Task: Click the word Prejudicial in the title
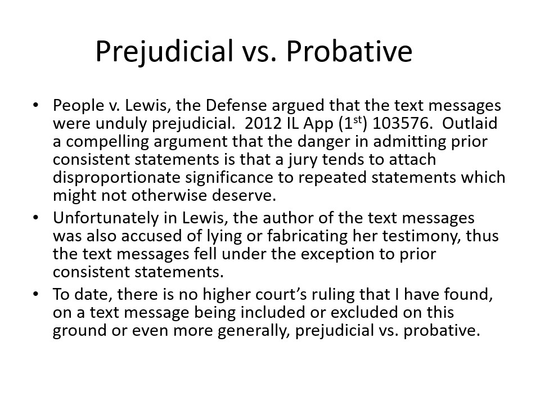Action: pos(164,52)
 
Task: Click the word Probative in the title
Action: pos(349,51)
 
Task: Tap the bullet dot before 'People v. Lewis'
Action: pos(35,105)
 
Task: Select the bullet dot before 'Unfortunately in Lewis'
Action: pos(35,218)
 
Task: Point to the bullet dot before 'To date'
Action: pos(35,294)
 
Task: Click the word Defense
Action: pos(236,105)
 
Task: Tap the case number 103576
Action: pos(402,123)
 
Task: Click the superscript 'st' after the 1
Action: pos(358,120)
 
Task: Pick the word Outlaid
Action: pos(470,123)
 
